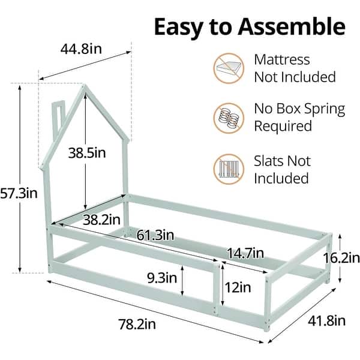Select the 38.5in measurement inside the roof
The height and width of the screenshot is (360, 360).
coord(87,152)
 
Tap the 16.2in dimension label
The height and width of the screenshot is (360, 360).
coord(341,259)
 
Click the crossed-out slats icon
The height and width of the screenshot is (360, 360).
coord(229,170)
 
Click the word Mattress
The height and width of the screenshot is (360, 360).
coord(282,60)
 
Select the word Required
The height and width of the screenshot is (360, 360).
coord(283,127)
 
